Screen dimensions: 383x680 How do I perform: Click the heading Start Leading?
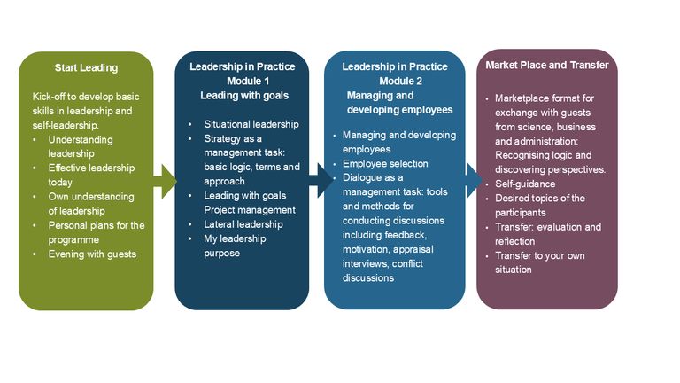(86, 67)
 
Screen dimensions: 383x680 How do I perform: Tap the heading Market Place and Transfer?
(547, 65)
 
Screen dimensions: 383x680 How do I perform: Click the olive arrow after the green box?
(165, 183)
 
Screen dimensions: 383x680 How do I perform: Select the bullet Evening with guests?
(92, 254)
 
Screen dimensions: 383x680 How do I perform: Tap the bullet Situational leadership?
(251, 124)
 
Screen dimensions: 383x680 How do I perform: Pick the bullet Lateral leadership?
(243, 224)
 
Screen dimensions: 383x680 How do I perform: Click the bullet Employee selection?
(385, 164)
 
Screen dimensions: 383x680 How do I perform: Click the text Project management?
(250, 210)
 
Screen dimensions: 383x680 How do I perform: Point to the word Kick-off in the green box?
(50, 97)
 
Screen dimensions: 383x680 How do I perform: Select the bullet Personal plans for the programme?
(97, 232)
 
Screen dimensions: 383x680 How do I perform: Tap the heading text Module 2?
(394, 81)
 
